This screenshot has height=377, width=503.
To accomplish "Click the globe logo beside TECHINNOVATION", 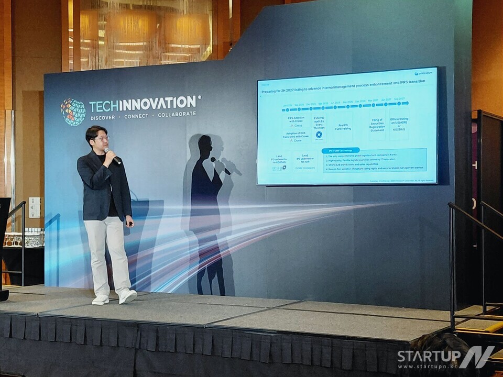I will (x=73, y=112).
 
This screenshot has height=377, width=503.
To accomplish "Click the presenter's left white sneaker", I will (x=127, y=296).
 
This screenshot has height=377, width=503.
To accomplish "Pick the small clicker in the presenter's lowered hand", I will (x=130, y=224).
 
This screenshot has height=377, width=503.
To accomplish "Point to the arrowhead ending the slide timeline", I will (x=405, y=103).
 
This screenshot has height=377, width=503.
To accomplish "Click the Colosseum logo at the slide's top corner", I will (x=423, y=73).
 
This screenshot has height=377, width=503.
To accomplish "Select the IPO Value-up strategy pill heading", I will (x=340, y=150).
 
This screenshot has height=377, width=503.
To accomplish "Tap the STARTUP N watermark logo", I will (x=445, y=357).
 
